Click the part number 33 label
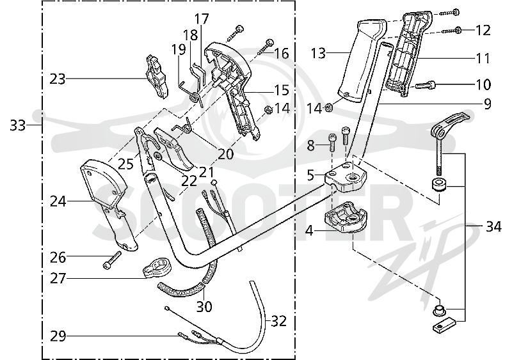coord(17,125)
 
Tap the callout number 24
coord(58,201)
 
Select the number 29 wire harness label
coord(58,336)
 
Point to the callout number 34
coord(493,226)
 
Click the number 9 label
coord(487,104)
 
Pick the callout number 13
coord(318,53)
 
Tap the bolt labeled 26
coord(111,260)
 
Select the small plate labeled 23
coord(156,76)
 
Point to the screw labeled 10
coord(425,86)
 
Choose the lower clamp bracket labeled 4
coord(346,218)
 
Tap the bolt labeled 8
coord(332,143)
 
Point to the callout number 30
coord(204,306)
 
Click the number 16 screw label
coord(282,54)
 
